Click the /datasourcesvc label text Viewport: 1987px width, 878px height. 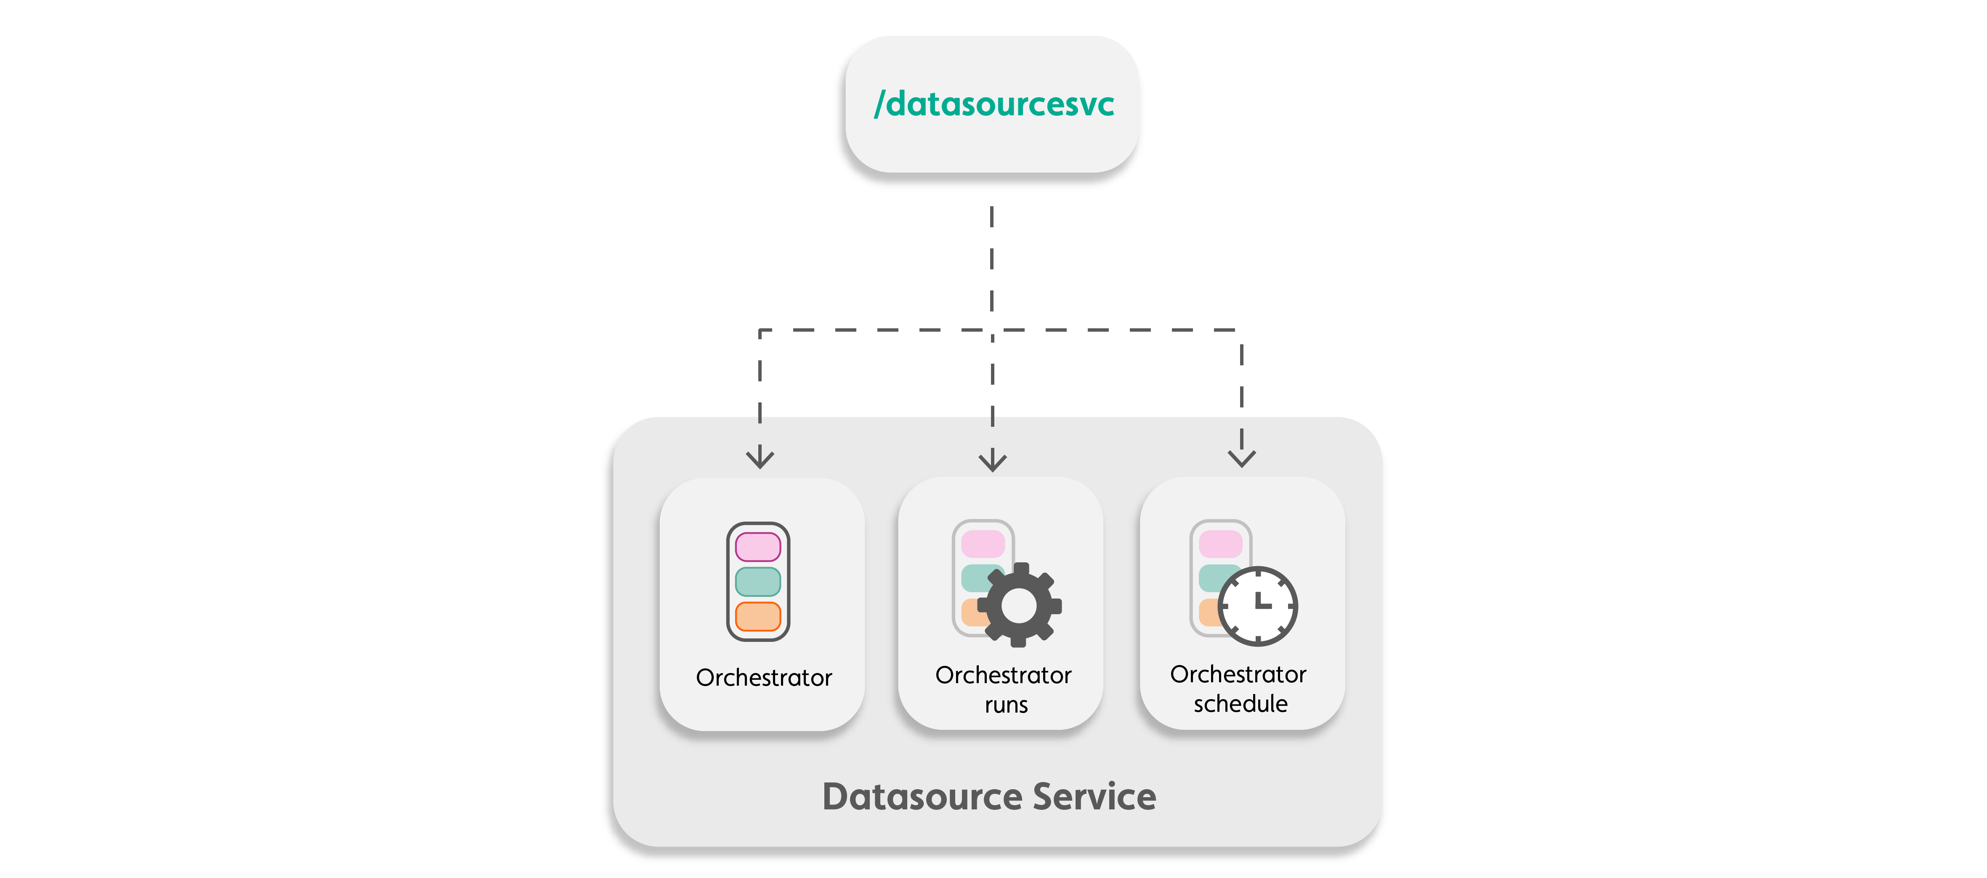[x=993, y=104]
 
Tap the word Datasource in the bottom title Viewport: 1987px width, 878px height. [x=922, y=797]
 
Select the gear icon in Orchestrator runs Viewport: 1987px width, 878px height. [x=1019, y=606]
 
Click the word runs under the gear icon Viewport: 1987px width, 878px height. [x=1006, y=705]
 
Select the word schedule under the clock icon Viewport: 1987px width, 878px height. [x=1241, y=704]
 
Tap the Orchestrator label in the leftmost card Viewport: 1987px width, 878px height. [x=764, y=677]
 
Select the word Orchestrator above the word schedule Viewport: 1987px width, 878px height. [x=1238, y=674]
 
